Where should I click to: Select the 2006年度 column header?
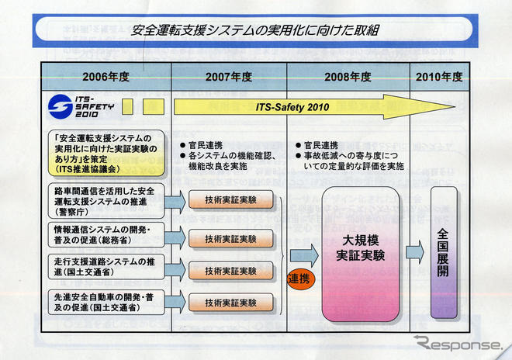pyautogui.click(x=106, y=77)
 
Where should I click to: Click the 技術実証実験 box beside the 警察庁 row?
pyautogui.click(x=230, y=200)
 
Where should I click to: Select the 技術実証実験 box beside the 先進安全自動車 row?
pyautogui.click(x=230, y=301)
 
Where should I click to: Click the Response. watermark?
pyautogui.click(x=457, y=343)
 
